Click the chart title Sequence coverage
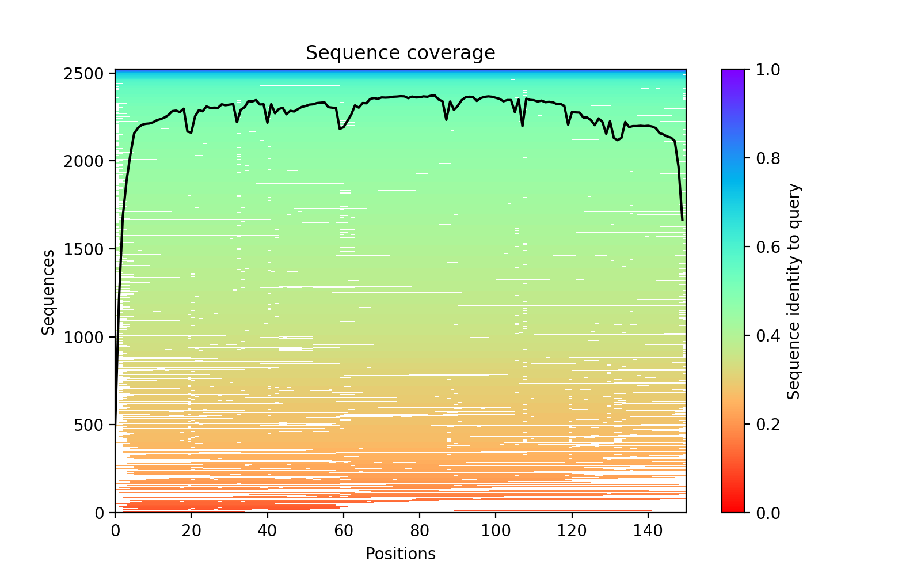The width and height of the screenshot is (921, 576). (x=400, y=53)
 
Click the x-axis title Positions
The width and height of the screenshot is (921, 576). (x=400, y=554)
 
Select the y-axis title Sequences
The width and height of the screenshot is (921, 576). (x=48, y=291)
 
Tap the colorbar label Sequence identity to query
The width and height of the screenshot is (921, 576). (x=794, y=291)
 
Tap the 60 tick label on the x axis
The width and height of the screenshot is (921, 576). (x=344, y=528)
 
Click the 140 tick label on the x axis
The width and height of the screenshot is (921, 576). (x=648, y=528)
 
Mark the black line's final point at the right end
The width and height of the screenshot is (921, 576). (x=682, y=220)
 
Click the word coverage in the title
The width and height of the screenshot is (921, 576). (x=449, y=53)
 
